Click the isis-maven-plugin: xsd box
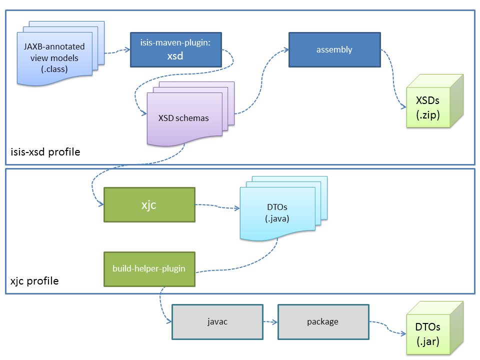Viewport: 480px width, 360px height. pos(175,50)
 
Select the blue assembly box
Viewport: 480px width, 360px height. pos(334,49)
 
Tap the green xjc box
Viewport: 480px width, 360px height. pos(149,204)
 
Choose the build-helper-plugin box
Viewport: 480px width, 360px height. pos(149,269)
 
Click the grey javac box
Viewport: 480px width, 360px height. pos(217,321)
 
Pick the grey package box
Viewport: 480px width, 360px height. pos(322,321)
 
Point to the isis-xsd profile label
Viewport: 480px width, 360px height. pos(45,151)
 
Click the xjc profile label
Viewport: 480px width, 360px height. pos(34,281)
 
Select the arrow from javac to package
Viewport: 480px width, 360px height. pos(270,322)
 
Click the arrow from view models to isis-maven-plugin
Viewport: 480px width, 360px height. pos(117,50)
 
